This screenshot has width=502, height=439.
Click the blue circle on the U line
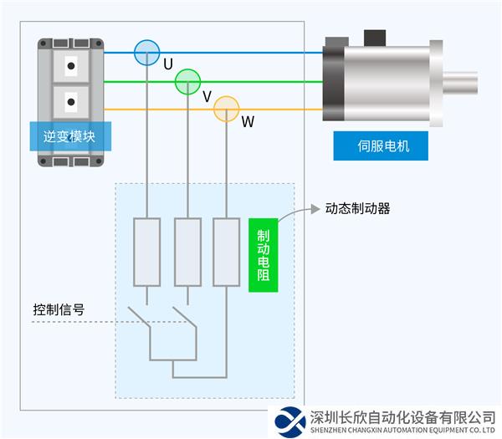[x=146, y=52]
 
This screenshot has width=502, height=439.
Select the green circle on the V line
[x=187, y=82]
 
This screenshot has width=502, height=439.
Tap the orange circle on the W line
[x=227, y=109]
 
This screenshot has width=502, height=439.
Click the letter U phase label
[x=168, y=64]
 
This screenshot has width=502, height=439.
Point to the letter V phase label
[x=207, y=95]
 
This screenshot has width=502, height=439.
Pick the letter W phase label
[x=248, y=122]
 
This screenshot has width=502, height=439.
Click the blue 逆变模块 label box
[x=71, y=135]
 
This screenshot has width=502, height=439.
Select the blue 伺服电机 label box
[x=381, y=146]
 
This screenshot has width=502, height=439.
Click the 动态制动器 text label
[x=357, y=209]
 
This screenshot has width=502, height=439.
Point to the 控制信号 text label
[x=58, y=309]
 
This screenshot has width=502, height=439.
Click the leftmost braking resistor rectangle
[x=146, y=252]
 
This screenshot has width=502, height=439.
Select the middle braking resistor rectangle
[x=187, y=252]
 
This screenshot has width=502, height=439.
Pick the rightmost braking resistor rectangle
[x=226, y=252]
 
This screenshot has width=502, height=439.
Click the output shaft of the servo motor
[x=459, y=82]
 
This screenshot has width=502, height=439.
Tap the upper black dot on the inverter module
[x=71, y=64]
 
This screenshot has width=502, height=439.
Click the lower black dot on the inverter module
[x=71, y=104]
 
